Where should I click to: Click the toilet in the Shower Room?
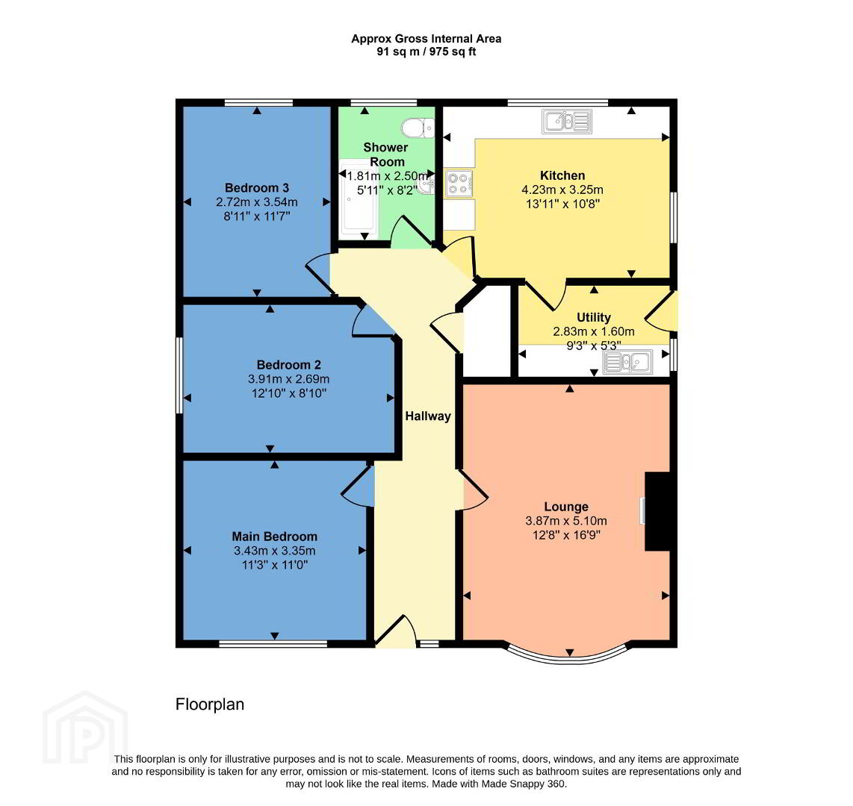[x=418, y=129]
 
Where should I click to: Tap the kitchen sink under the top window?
[x=567, y=121]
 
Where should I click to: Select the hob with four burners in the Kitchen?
[x=459, y=183]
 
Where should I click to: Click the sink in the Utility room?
[x=627, y=362]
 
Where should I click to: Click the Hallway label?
[x=428, y=416]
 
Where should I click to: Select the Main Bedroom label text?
[x=275, y=537]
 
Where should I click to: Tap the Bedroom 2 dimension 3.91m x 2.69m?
[x=289, y=379]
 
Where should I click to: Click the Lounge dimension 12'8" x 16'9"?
[x=566, y=535]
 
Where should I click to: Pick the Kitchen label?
[x=562, y=175]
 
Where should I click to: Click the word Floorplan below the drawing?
[x=210, y=705]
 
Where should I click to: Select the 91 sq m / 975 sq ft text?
[x=426, y=52]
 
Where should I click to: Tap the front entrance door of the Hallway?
[x=396, y=631]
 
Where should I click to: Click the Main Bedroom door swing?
[x=359, y=487]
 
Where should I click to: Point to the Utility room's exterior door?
[x=662, y=311]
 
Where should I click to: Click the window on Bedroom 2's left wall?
[x=179, y=375]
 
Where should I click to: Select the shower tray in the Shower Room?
[x=359, y=198]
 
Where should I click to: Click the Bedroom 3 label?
[x=257, y=188]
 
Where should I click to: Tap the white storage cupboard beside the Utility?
[x=488, y=331]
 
